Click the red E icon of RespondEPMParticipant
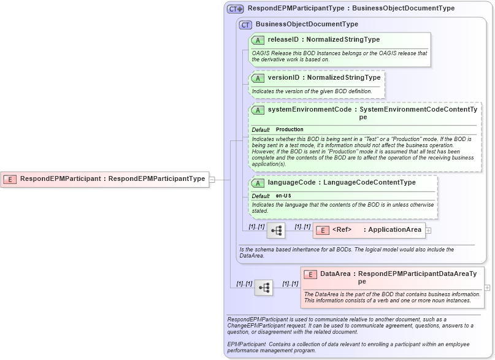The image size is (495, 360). click(x=10, y=179)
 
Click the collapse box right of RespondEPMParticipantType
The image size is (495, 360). click(x=212, y=179)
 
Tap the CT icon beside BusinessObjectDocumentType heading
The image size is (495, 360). click(x=245, y=25)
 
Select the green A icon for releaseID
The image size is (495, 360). click(x=258, y=40)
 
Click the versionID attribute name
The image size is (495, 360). click(x=283, y=78)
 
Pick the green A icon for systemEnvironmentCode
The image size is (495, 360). click(x=258, y=110)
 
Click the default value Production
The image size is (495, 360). click(x=290, y=130)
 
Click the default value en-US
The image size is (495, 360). click(x=283, y=196)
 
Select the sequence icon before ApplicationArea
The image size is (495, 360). click(x=276, y=230)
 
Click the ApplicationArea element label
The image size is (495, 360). click(x=394, y=230)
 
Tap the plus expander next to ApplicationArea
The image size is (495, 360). click(x=428, y=231)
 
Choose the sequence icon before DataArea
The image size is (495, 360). click(x=264, y=287)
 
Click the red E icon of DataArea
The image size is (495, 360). click(x=310, y=274)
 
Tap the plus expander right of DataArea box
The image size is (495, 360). click(x=487, y=287)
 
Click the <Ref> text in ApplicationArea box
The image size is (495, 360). click(x=342, y=230)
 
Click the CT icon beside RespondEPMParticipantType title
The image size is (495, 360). click(x=236, y=9)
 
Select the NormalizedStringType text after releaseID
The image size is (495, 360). click(x=343, y=40)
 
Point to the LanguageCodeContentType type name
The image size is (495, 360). click(x=369, y=183)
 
